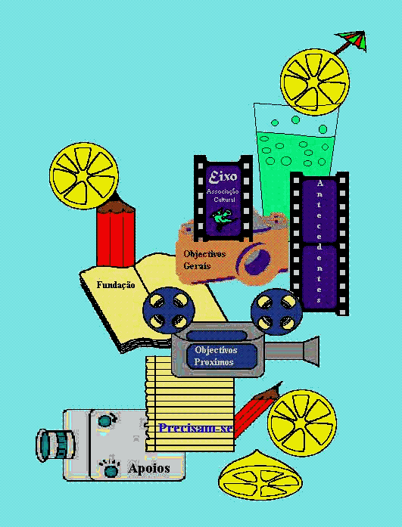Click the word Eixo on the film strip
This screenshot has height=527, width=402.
[x=223, y=177]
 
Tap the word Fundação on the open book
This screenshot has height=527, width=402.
[x=116, y=285]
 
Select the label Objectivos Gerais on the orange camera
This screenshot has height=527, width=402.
[x=204, y=260]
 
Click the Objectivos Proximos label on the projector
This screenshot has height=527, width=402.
[x=216, y=356]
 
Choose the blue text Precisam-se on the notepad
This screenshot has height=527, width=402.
[x=196, y=428]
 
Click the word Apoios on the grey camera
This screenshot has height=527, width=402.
[x=149, y=469]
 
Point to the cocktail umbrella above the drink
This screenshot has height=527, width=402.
[x=351, y=42]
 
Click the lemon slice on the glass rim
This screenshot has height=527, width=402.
[x=315, y=82]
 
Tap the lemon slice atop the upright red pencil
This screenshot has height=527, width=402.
[x=84, y=175]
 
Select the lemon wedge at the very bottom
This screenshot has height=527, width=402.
[x=260, y=474]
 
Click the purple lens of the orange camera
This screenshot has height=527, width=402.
[x=257, y=262]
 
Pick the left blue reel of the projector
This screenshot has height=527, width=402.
[x=169, y=310]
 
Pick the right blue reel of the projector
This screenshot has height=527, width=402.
[x=276, y=312]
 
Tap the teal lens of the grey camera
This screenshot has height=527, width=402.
[x=56, y=445]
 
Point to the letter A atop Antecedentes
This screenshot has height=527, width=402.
[x=319, y=184]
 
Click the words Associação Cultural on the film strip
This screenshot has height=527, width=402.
[x=223, y=195]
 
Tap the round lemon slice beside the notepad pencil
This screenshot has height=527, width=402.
[x=302, y=423]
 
